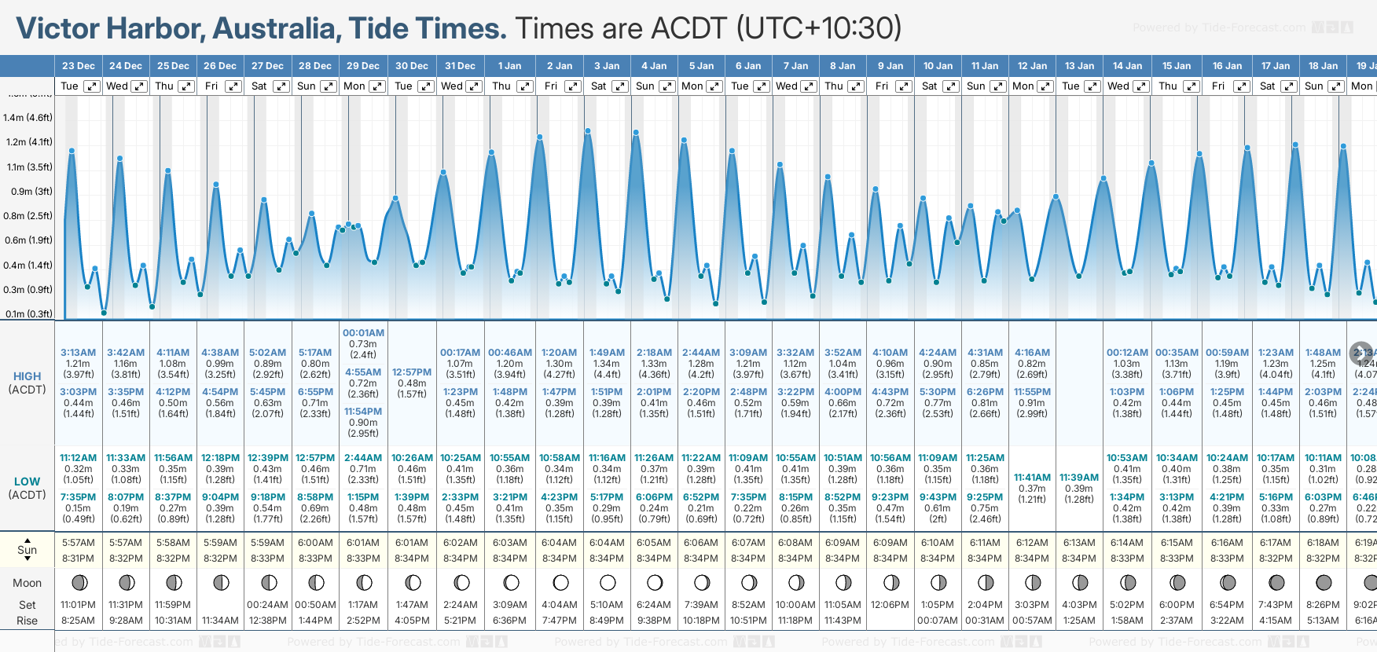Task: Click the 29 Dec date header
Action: pyautogui.click(x=363, y=66)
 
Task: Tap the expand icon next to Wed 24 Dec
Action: pyautogui.click(x=139, y=86)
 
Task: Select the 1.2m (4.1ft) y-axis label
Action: pyautogui.click(x=28, y=142)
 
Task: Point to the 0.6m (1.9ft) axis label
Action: pyautogui.click(x=28, y=240)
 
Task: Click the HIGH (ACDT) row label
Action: pyautogui.click(x=27, y=383)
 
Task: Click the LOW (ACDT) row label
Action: pyautogui.click(x=27, y=488)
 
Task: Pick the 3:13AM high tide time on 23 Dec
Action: pyautogui.click(x=79, y=353)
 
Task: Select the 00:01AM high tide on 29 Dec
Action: pyautogui.click(x=363, y=333)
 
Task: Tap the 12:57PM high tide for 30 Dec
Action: pyautogui.click(x=412, y=372)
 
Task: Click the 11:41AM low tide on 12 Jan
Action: pyautogui.click(x=1032, y=478)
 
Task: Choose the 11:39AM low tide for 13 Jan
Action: pyautogui.click(x=1079, y=478)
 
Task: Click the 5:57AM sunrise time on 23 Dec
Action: pyautogui.click(x=79, y=543)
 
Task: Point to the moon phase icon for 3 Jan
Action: pyautogui.click(x=608, y=583)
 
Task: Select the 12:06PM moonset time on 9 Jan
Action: pyautogui.click(x=890, y=605)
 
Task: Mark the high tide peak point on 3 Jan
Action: pyautogui.click(x=588, y=130)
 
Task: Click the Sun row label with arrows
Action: pyautogui.click(x=27, y=549)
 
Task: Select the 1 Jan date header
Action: pyautogui.click(x=509, y=66)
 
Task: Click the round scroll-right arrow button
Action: pyautogui.click(x=1361, y=353)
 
